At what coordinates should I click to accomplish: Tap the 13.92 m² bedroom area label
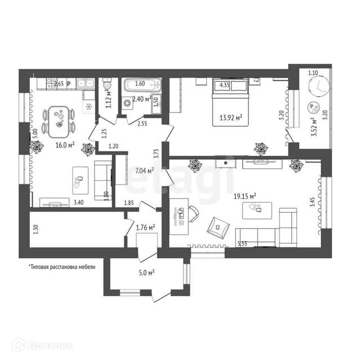[231, 118]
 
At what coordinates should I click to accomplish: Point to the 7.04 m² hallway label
[142, 168]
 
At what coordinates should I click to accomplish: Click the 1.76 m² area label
[146, 227]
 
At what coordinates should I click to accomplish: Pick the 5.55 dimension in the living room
[243, 244]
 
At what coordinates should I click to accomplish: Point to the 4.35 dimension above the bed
[224, 85]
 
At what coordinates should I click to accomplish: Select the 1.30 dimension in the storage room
[36, 228]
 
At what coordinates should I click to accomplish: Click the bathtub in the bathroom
[142, 87]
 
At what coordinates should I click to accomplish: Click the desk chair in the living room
[193, 213]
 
